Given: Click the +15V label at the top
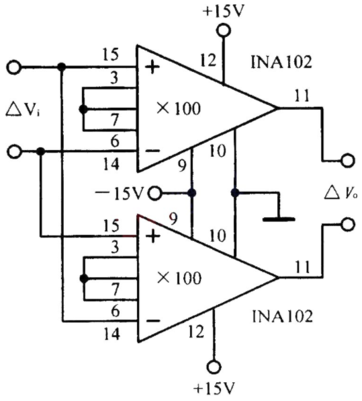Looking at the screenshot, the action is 224,11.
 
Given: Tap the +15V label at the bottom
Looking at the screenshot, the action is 214,389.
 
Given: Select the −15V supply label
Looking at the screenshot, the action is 120,193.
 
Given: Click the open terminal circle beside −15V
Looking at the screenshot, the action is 155,193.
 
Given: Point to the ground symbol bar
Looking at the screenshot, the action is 279,219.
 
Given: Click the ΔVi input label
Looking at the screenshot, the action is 22,110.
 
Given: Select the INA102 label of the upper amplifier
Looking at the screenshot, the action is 281,62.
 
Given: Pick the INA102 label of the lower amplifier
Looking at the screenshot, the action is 282,316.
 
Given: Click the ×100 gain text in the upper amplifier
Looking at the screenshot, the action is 179,108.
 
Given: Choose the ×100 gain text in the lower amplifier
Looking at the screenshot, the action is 179,278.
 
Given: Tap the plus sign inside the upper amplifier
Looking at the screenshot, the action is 152,67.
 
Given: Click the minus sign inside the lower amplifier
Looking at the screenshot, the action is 152,321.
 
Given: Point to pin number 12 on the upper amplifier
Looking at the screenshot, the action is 208,61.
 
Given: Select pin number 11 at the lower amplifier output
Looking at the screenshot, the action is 303,266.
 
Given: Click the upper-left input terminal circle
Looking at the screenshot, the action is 14,67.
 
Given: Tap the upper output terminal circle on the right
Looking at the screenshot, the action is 348,161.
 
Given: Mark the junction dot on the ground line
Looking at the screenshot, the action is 235,192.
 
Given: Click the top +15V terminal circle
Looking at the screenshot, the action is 224,30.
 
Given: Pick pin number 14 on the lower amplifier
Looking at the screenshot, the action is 111,334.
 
